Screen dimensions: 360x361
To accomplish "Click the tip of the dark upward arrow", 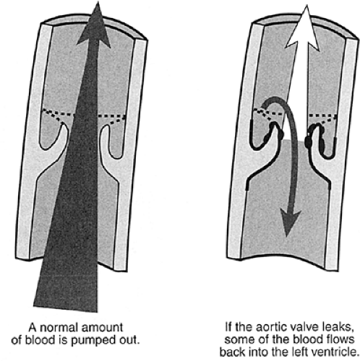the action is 98,2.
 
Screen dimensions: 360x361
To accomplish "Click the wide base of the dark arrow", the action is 66,308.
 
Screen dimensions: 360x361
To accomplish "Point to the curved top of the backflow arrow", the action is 275,98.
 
